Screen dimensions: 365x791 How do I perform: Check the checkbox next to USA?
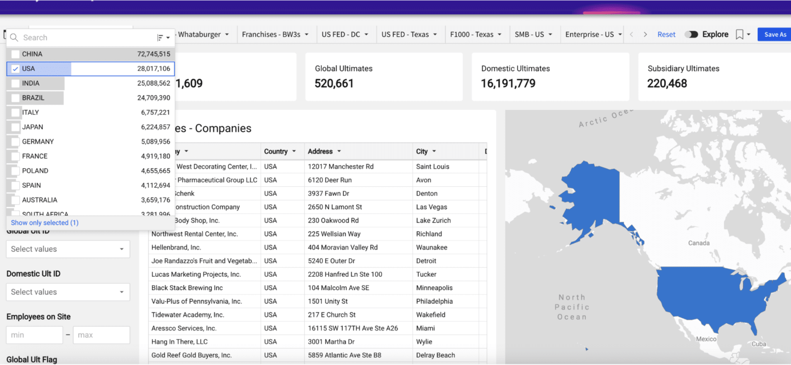point(15,69)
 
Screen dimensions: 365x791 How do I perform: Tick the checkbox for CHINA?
point(15,54)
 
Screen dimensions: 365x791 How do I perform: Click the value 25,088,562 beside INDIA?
point(153,83)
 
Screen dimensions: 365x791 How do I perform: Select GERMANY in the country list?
point(38,141)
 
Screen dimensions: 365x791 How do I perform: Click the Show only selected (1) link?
point(44,222)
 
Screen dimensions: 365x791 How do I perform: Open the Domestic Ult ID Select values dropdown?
point(68,292)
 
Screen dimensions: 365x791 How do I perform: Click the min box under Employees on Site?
point(34,335)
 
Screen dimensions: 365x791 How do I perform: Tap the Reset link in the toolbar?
point(666,34)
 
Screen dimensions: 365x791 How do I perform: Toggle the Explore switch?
point(691,34)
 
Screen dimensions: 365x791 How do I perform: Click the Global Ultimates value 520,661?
point(334,83)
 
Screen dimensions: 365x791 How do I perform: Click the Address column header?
point(320,151)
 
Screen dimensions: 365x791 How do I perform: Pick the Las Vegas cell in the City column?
point(431,207)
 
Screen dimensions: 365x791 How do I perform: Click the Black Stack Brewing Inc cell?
point(187,288)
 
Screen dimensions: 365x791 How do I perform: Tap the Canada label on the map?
point(699,243)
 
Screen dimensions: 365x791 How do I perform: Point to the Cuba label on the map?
point(759,344)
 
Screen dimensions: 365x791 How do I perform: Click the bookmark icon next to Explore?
point(739,34)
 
